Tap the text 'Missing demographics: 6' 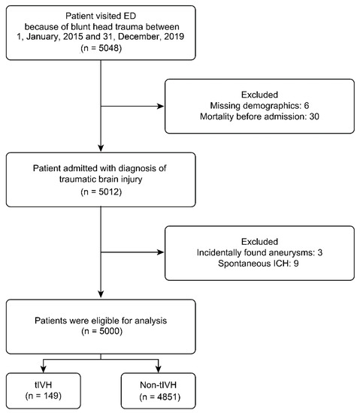pyautogui.click(x=269, y=107)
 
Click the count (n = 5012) pyautogui.click(x=101, y=192)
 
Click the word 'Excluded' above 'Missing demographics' pyautogui.click(x=269, y=95)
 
